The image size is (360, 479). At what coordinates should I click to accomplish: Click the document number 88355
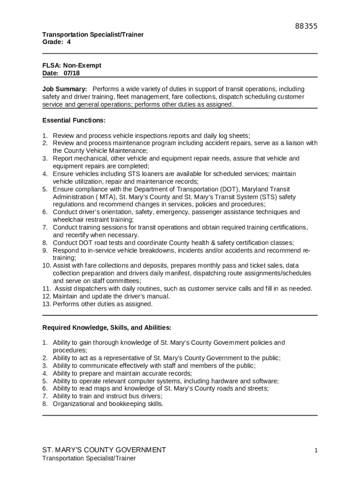(306, 26)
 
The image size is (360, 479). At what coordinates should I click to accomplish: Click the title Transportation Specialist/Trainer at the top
(93, 35)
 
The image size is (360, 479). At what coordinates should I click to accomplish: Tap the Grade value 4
(69, 42)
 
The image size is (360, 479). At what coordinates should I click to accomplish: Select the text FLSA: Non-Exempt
(72, 65)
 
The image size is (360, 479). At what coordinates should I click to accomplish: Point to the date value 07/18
(73, 73)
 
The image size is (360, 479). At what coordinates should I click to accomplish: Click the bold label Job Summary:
(65, 89)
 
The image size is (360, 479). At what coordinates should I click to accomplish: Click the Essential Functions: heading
(74, 120)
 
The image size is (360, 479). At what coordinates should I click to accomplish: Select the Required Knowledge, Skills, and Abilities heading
(107, 327)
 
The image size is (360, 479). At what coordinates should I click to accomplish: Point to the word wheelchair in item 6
(69, 219)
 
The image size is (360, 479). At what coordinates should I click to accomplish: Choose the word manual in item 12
(159, 296)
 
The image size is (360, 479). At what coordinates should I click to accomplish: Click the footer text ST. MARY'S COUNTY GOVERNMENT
(104, 450)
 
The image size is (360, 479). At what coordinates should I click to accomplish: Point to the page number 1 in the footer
(316, 450)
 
